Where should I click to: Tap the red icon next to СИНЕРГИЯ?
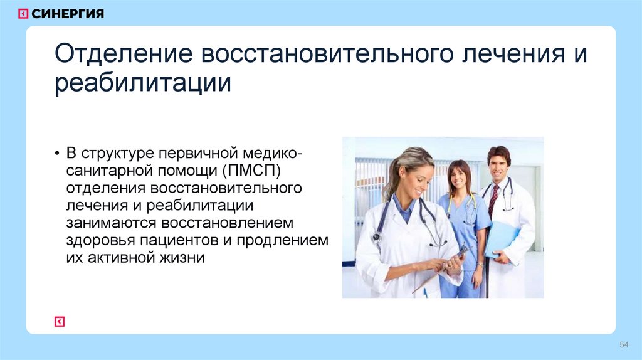point(23,14)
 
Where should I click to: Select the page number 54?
point(624,345)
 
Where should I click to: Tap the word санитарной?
point(105,171)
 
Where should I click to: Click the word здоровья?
point(98,241)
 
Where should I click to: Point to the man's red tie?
point(493,199)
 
